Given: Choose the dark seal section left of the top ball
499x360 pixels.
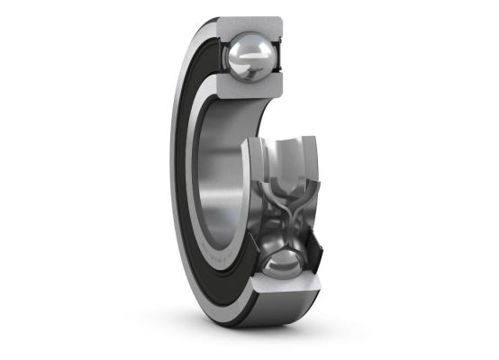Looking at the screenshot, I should click(x=219, y=54).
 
